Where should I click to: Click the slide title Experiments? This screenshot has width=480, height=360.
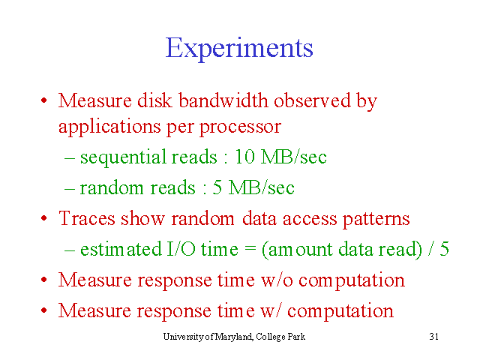click(x=239, y=48)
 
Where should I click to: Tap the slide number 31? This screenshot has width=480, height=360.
click(x=433, y=337)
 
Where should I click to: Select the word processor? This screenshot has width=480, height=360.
click(x=240, y=127)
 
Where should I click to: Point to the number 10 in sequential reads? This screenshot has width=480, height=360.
click(x=244, y=157)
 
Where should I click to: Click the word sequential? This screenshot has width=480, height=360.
click(x=123, y=157)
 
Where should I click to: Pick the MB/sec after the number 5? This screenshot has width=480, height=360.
click(x=261, y=187)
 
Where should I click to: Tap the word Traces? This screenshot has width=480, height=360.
click(x=87, y=218)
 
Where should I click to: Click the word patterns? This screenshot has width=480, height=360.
click(x=376, y=220)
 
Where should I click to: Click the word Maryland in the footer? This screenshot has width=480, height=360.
click(x=234, y=337)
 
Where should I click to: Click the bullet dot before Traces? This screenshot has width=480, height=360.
click(x=44, y=218)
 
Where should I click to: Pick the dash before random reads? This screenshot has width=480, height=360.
click(x=70, y=189)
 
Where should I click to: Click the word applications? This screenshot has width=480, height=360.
click(x=109, y=127)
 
